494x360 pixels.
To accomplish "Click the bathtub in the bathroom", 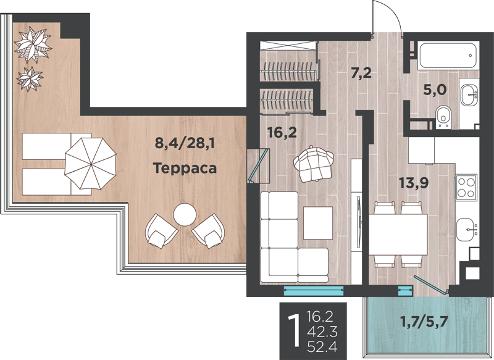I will [x=448, y=57].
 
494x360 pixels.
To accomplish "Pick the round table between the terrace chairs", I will [x=184, y=215].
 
